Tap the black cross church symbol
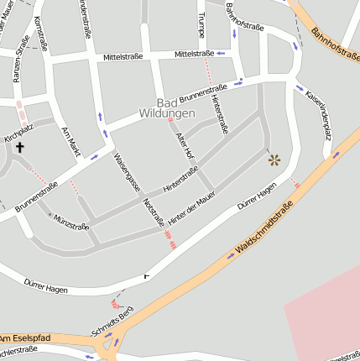(x=19, y=147)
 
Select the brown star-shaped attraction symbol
(x=274, y=159)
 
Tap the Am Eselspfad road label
(x=25, y=337)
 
